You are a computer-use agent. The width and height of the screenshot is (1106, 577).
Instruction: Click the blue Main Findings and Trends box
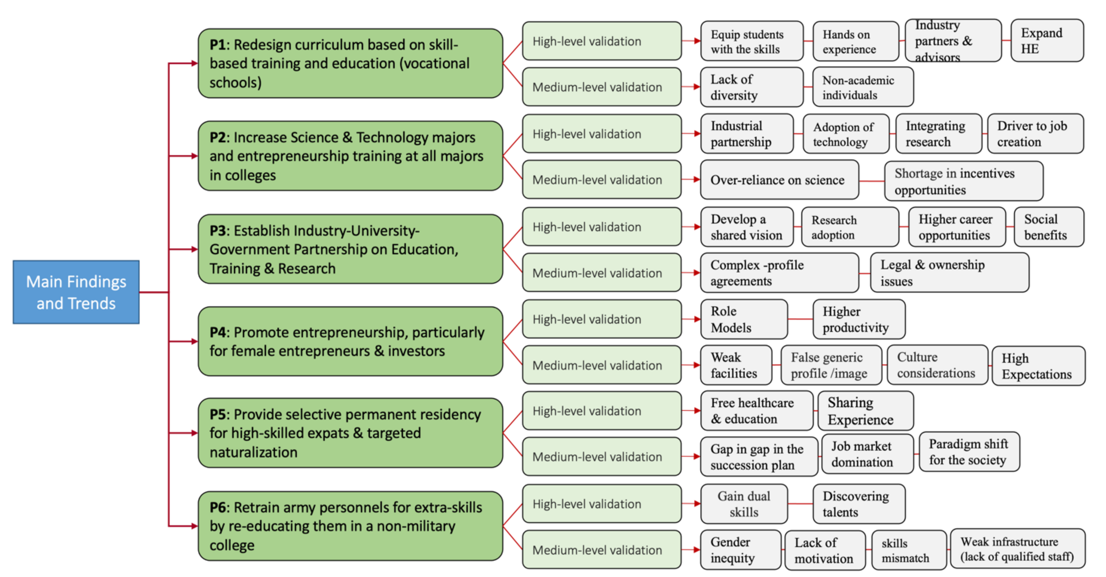(76, 292)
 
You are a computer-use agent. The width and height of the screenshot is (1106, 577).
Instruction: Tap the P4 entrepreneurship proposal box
(350, 341)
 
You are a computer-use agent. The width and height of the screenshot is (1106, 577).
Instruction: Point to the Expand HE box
(1047, 41)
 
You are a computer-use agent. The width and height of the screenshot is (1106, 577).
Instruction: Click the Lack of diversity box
(751, 87)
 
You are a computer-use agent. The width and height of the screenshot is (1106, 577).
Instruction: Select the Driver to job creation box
(1035, 134)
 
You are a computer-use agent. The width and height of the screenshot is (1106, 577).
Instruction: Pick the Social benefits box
(1048, 227)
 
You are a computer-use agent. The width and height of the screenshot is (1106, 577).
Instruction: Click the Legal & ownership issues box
(949, 273)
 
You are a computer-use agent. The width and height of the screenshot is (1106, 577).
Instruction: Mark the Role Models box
(744, 319)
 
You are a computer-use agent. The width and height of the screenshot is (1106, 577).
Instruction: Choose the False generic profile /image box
(831, 365)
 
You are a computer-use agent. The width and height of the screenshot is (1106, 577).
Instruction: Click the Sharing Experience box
(865, 411)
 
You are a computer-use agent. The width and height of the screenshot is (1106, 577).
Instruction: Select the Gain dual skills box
(744, 504)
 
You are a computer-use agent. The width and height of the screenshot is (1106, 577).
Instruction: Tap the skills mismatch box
(909, 550)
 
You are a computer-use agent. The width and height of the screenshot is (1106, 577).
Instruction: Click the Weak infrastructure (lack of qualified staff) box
(1017, 549)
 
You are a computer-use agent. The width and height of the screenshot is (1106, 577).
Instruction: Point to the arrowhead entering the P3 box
(194, 249)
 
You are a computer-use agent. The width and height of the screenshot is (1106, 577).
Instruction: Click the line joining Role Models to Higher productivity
(800, 319)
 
